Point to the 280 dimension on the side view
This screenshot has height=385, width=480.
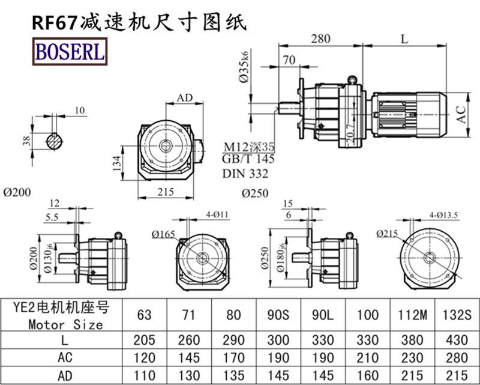321,39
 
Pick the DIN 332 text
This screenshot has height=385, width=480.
245,174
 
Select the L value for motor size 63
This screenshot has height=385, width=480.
145,340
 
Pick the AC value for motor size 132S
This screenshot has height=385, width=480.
457,358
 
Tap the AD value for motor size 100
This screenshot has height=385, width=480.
368,376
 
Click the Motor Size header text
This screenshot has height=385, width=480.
65,324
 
